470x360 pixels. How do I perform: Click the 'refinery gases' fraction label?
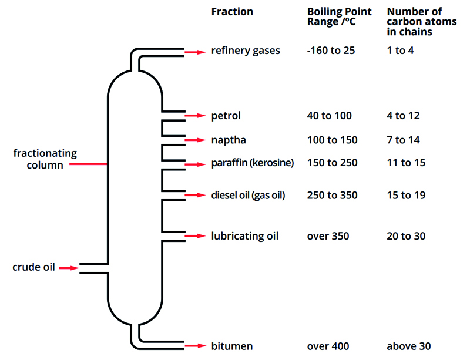click(x=246, y=51)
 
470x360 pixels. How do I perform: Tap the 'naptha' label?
click(x=229, y=140)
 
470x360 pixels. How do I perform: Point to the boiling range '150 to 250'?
click(x=332, y=162)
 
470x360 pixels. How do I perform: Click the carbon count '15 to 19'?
click(x=406, y=195)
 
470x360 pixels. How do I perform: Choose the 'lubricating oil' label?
click(x=244, y=236)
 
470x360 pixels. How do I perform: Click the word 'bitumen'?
click(x=231, y=346)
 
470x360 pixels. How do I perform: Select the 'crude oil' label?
click(x=33, y=267)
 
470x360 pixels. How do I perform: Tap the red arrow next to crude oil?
click(x=69, y=268)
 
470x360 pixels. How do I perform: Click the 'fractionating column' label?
click(x=45, y=159)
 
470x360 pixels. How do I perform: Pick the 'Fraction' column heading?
click(x=232, y=12)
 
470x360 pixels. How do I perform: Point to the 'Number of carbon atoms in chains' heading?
click(x=414, y=22)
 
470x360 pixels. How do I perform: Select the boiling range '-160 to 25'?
click(x=331, y=51)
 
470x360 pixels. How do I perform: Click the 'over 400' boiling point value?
click(x=328, y=346)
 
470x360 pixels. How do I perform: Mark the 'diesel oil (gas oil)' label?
click(x=248, y=195)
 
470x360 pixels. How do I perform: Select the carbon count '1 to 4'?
click(x=400, y=51)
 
